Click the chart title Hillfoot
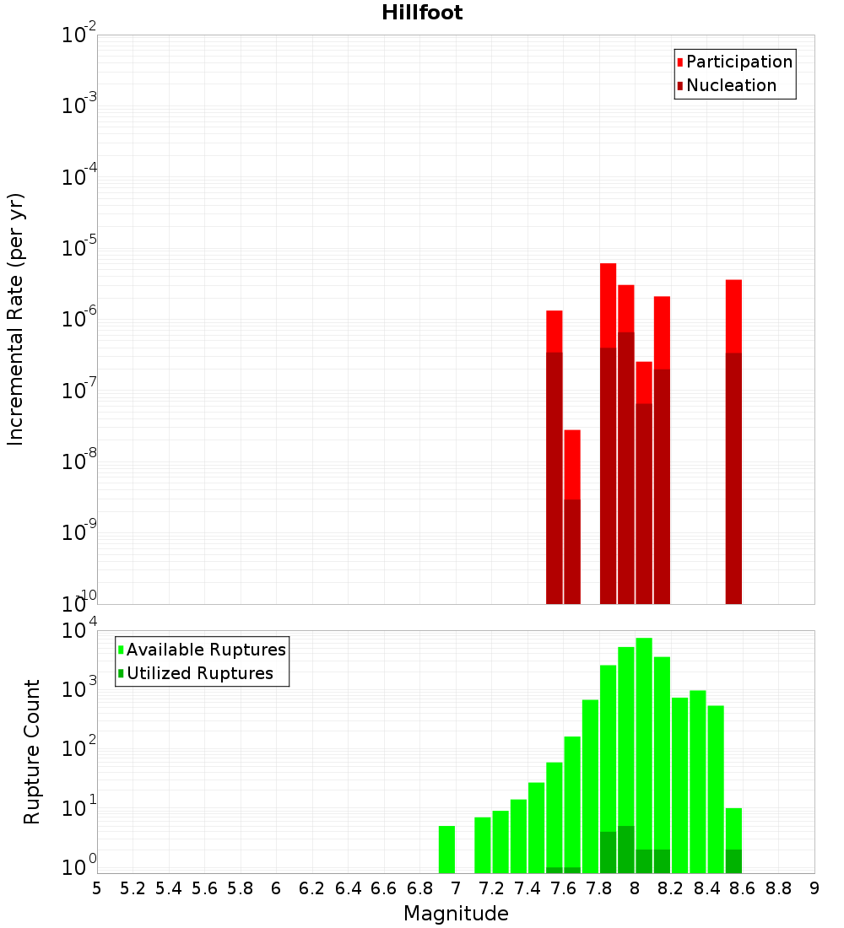[422, 13]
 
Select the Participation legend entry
[738, 62]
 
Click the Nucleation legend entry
[730, 85]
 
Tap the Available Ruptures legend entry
[205, 650]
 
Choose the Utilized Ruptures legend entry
[199, 673]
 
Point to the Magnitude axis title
[456, 914]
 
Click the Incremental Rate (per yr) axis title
[16, 320]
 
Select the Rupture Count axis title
[32, 752]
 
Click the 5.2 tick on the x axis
[133, 888]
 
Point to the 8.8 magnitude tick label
[778, 888]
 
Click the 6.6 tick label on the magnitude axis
[384, 888]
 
